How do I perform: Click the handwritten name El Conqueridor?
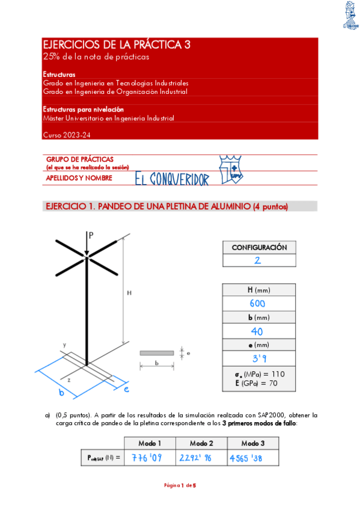point(172,179)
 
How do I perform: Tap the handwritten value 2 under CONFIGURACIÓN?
point(257,260)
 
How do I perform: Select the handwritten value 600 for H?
point(257,304)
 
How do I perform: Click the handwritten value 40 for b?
point(257,331)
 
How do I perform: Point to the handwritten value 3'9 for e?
point(257,359)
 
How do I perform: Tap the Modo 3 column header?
point(253,443)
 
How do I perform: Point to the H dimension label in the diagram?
point(129,293)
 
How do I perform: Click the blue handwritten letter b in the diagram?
point(61,393)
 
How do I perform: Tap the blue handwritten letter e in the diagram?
point(126,389)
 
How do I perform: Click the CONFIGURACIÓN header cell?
point(259,247)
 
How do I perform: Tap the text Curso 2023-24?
point(67,135)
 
